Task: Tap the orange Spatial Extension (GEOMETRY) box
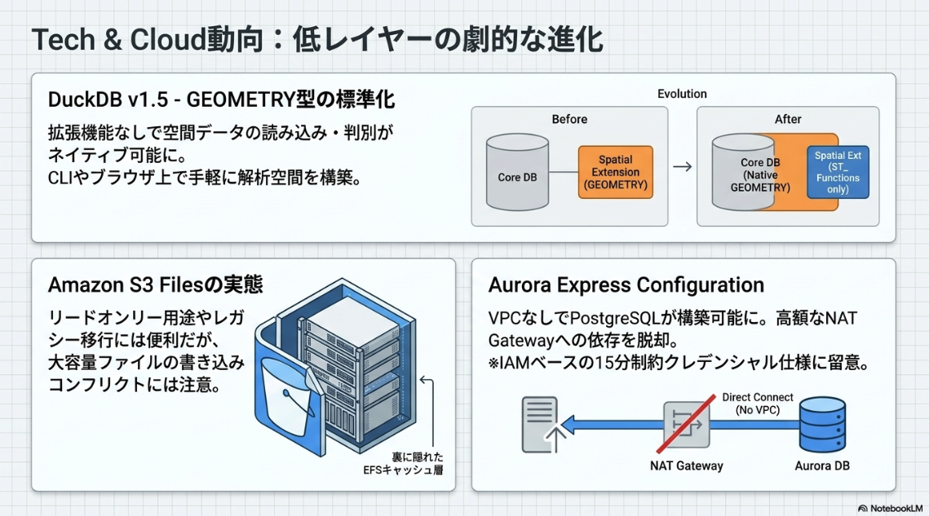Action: point(615,172)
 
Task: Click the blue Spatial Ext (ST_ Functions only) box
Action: point(838,172)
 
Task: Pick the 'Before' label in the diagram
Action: point(569,119)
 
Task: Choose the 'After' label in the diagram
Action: point(788,119)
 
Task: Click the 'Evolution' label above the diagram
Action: point(682,94)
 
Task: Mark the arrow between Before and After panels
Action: point(682,166)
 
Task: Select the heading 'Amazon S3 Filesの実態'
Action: point(156,284)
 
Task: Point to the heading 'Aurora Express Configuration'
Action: point(626,284)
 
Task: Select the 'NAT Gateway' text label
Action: point(687,466)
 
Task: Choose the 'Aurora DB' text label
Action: point(822,466)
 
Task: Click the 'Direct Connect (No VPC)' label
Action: point(758,404)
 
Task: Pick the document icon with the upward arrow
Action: point(539,424)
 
